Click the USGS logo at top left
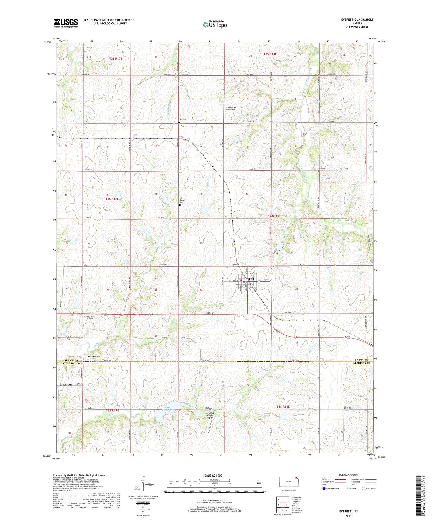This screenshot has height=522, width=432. click(x=66, y=23)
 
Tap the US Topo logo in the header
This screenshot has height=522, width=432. click(x=215, y=25)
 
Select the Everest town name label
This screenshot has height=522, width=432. click(x=249, y=279)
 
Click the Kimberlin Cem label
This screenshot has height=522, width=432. click(x=324, y=168)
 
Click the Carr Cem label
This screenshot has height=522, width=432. click(x=183, y=119)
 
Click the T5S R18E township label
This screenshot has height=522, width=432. click(x=283, y=407)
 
